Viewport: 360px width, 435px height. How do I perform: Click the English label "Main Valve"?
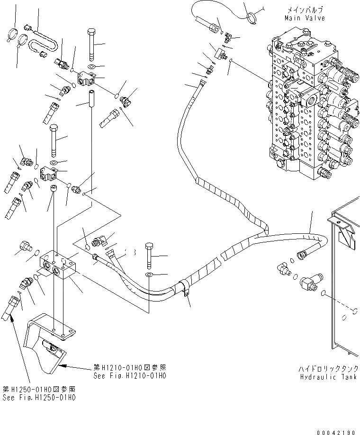coord(305,18)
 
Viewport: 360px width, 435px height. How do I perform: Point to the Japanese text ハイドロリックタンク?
coord(328,368)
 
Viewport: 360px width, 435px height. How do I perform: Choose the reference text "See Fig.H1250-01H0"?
coord(39,398)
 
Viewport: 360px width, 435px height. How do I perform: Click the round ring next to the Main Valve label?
coord(252,18)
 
